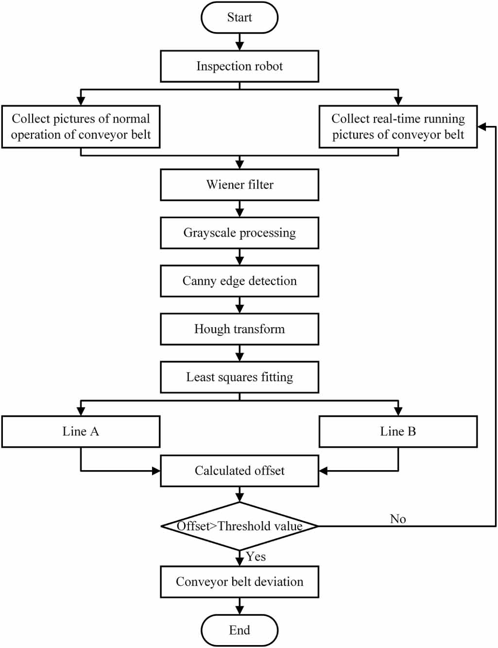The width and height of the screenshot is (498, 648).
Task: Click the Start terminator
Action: (x=240, y=18)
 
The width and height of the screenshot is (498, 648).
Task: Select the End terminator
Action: (x=240, y=630)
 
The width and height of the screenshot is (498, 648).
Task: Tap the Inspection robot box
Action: (x=240, y=66)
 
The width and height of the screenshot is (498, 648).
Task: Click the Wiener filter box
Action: (x=240, y=185)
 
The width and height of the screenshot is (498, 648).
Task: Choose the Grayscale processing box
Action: (x=240, y=233)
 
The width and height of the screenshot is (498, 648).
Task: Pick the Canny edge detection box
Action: (x=240, y=281)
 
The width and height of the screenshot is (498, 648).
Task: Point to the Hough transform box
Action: (x=240, y=329)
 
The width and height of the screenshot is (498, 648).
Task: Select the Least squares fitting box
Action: (x=240, y=377)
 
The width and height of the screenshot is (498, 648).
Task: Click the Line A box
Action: (x=81, y=432)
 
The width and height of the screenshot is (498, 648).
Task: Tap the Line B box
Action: (x=398, y=432)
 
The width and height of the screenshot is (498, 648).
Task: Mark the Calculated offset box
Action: (x=240, y=471)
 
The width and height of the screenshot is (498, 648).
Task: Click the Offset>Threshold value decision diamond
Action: (x=240, y=526)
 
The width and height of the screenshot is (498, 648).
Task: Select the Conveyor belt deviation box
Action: (x=240, y=582)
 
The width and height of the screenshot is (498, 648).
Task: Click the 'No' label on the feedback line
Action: (x=398, y=519)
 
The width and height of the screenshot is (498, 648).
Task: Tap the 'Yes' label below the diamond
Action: (x=256, y=557)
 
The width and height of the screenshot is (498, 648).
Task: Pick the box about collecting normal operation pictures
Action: (x=81, y=127)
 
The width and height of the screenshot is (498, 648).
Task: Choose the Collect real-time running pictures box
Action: (x=398, y=127)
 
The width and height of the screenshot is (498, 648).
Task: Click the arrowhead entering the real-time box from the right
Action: (x=482, y=127)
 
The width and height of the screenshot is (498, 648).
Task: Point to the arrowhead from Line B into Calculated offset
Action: (x=324, y=471)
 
